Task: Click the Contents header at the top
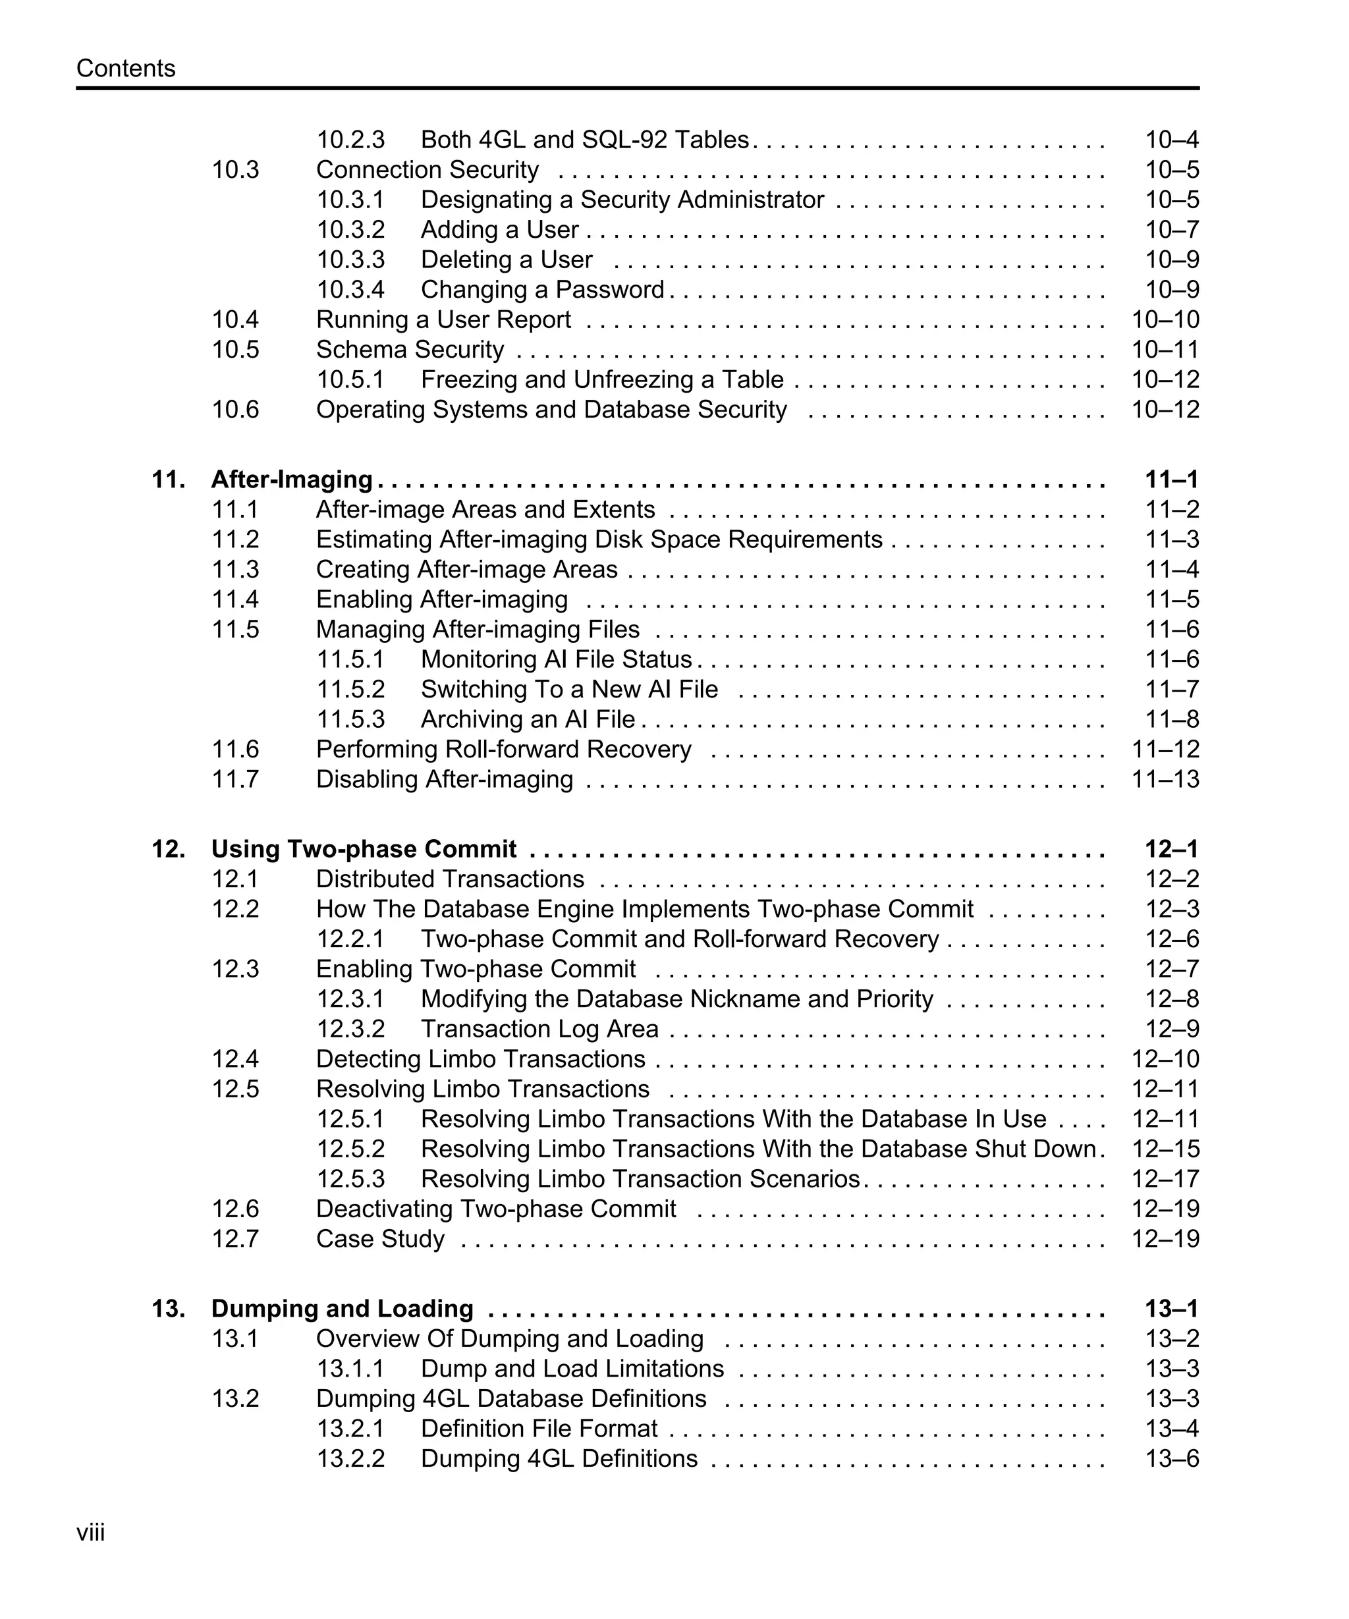[x=126, y=69]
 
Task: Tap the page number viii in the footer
[x=90, y=1532]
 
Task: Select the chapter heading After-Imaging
[x=291, y=480]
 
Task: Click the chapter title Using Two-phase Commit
[x=363, y=849]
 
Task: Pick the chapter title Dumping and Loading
[x=343, y=1308]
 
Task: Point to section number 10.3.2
[x=350, y=230]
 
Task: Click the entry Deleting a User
[x=507, y=260]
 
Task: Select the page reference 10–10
[x=1165, y=319]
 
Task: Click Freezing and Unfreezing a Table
[x=602, y=379]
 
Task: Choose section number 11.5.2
[x=350, y=689]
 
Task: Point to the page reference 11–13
[x=1165, y=779]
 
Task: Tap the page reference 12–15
[x=1165, y=1149]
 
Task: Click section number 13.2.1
[x=350, y=1429]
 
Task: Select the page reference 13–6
[x=1172, y=1459]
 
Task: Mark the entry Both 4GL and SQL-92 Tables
[x=584, y=140]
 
